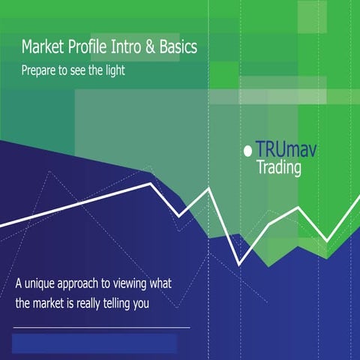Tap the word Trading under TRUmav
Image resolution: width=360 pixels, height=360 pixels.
click(279, 169)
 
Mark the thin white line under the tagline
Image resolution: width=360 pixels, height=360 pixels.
click(101, 328)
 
